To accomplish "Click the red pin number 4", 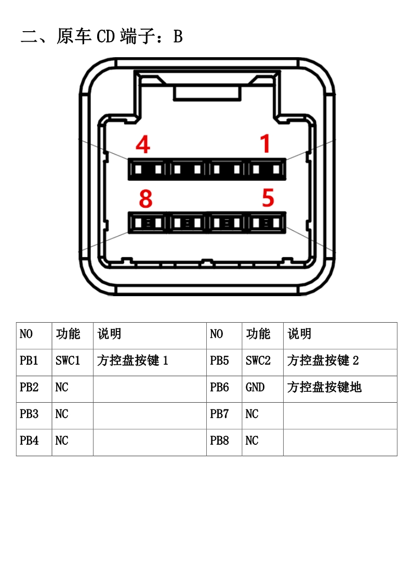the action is point(143,144).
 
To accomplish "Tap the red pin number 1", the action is point(265,143).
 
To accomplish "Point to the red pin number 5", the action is point(268,198).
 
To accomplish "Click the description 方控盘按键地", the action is point(324,387).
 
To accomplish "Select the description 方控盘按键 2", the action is point(323,360).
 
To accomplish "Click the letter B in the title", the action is point(178,36).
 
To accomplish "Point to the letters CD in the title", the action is point(105,36).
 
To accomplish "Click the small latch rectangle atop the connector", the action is point(207,94).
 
